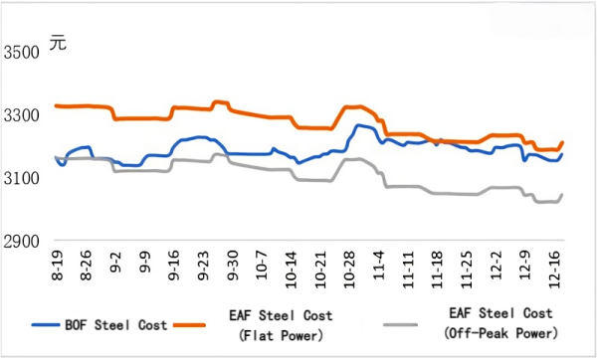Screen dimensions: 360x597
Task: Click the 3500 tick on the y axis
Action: tap(24, 52)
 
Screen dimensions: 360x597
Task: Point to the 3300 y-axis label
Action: tap(24, 115)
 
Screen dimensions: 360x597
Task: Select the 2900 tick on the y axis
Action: tap(24, 242)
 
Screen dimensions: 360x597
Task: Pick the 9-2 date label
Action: tap(118, 266)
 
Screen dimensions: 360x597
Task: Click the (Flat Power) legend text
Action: tap(282, 332)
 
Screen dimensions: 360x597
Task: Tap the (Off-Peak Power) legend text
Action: tap(502, 332)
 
